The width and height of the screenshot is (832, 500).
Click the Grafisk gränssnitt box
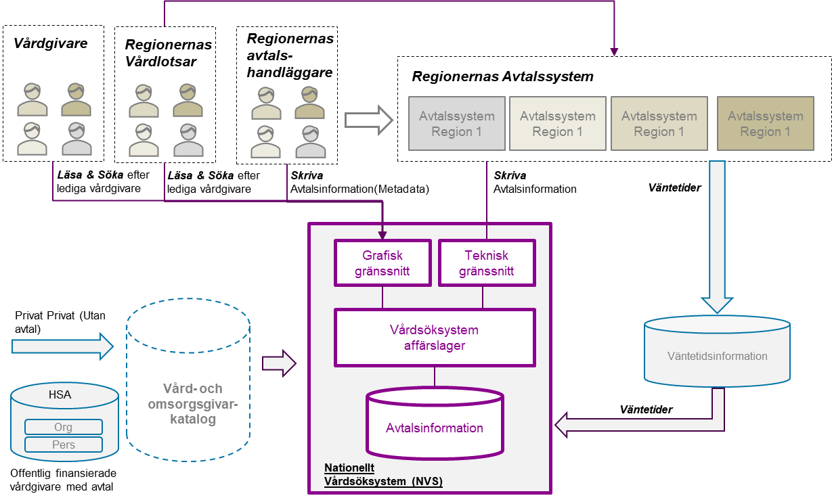382,263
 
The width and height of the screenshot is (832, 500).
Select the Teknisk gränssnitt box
486,263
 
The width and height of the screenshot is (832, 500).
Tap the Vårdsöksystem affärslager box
434,337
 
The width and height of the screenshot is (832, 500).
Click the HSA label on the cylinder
60,394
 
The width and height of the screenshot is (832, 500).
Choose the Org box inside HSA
63,427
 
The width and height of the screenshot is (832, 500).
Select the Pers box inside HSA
63,445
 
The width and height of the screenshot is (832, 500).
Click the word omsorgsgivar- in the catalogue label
192,404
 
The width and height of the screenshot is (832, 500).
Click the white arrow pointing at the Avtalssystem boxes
368,120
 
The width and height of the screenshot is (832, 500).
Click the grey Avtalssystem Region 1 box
456,123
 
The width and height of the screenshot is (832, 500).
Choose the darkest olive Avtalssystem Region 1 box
765,123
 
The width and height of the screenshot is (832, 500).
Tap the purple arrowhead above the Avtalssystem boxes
614,51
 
